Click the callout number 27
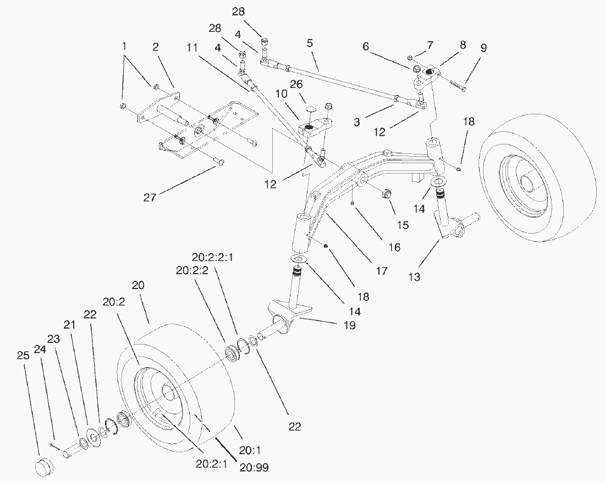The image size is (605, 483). pos(150,197)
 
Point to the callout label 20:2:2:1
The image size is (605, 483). pos(213,257)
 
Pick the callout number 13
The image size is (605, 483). pos(414,277)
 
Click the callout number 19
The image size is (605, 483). pos(350,325)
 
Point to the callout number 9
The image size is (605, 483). pos(483,48)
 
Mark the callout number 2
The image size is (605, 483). pos(156,47)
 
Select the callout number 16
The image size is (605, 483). pos(394,247)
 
